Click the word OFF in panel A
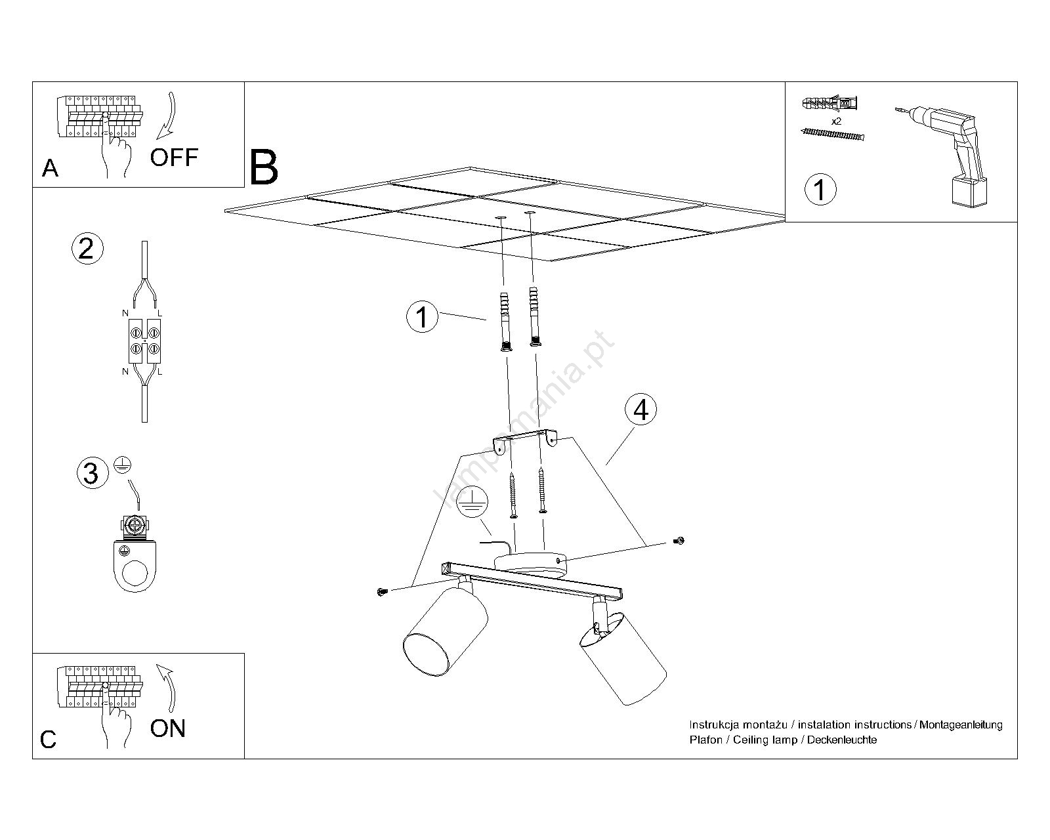click(174, 157)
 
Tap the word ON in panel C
click(168, 728)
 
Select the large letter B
click(264, 167)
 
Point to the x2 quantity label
click(836, 122)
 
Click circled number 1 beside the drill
click(820, 189)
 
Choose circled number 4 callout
click(640, 409)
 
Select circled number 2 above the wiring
click(87, 249)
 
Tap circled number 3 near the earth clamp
click(91, 473)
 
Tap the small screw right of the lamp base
click(679, 541)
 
